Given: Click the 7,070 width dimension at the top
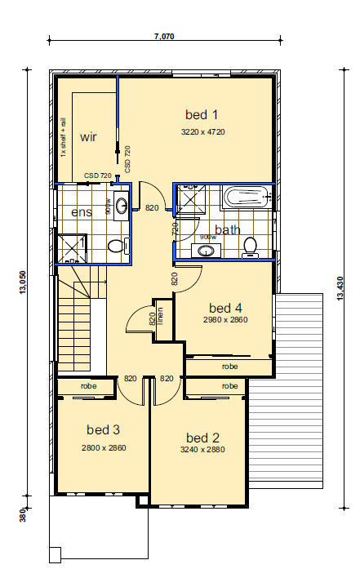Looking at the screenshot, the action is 164,36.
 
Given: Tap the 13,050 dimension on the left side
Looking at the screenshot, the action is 23,282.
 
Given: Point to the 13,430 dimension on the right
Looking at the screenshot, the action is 340,288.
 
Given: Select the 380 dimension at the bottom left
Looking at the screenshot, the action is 23,515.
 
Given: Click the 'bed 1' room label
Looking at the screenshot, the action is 202,114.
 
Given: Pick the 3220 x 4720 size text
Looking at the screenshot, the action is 203,131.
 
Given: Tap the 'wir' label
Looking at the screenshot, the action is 88,137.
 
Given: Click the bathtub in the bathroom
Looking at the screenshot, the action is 247,197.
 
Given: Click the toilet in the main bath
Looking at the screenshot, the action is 250,247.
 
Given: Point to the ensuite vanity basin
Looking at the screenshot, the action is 121,206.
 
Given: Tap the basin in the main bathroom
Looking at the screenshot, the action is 207,250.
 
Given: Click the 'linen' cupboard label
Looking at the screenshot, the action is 160,316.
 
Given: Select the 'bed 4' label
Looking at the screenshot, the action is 225,308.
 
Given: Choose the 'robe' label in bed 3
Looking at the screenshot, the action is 88,386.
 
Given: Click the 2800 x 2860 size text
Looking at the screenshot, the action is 104,448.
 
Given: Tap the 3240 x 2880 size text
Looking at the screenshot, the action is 202,450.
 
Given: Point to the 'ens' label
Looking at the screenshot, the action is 82,212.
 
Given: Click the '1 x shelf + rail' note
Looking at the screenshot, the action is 63,137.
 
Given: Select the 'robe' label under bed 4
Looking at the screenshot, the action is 229,367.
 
